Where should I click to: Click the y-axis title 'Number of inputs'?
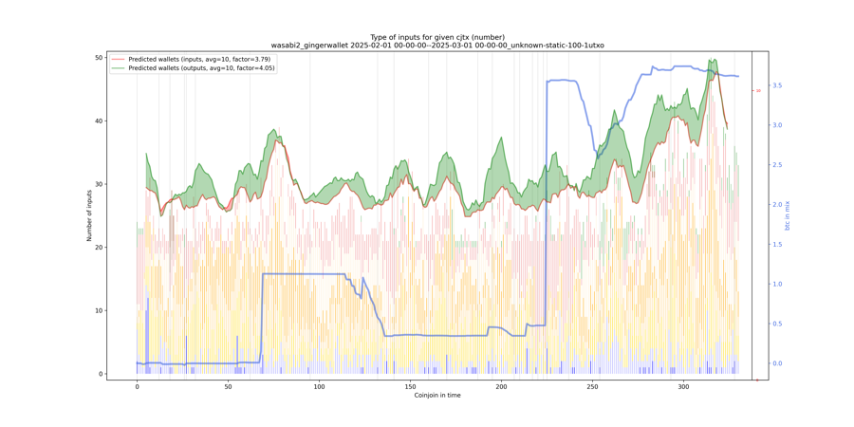pyautogui.click(x=90, y=215)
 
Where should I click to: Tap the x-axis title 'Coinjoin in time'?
pyautogui.click(x=437, y=395)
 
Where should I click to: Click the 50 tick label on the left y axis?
pyautogui.click(x=99, y=58)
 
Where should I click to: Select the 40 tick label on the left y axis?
pyautogui.click(x=99, y=121)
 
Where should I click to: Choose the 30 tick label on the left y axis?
pyautogui.click(x=99, y=184)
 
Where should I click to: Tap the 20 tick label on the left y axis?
pyautogui.click(x=99, y=248)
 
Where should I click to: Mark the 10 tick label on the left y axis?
pyautogui.click(x=99, y=310)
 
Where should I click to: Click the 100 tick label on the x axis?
pyautogui.click(x=319, y=386)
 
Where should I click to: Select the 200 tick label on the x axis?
pyautogui.click(x=501, y=386)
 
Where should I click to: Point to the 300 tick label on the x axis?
pyautogui.click(x=683, y=386)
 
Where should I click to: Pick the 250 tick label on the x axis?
pyautogui.click(x=592, y=386)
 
